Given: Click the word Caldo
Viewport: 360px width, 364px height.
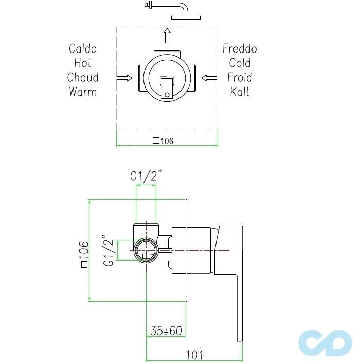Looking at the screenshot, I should point(82,49).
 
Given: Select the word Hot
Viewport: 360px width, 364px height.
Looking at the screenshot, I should point(82,63).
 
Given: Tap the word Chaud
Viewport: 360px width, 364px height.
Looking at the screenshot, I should point(82,78).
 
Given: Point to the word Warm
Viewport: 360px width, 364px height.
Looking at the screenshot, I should point(82,92).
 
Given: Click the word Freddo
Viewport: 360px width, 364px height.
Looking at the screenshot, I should point(240,49).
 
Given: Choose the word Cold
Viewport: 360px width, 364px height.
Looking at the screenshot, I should point(240,63).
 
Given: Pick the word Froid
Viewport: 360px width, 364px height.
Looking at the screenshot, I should point(240,78).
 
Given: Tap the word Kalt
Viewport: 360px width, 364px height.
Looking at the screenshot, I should point(240,92).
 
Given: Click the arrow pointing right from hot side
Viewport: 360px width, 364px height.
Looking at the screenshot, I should point(124,78).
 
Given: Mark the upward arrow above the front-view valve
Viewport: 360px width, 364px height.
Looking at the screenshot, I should point(167,36).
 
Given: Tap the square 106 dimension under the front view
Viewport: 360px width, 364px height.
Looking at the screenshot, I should point(163,141).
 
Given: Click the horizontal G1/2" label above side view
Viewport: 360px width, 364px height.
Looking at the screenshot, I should point(146,176).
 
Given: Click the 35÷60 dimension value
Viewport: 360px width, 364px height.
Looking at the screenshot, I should point(166,331).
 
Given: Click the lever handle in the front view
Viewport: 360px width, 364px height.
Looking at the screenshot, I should point(168,86).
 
